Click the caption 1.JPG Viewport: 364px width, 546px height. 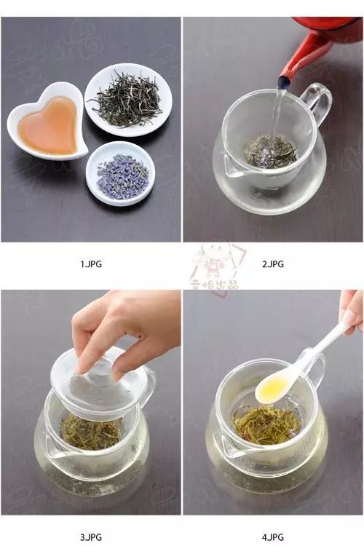[x=91, y=264]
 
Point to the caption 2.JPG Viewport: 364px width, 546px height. [x=274, y=264]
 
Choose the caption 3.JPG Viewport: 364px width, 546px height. [x=91, y=537]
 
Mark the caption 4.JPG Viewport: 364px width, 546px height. [x=274, y=537]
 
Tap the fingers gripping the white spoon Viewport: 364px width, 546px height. [x=351, y=309]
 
